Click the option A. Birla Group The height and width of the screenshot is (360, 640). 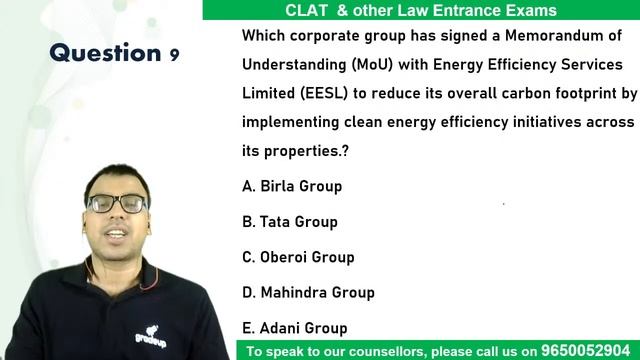[x=292, y=186]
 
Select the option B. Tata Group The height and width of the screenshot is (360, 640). [x=290, y=221]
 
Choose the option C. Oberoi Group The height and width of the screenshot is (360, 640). [x=298, y=257]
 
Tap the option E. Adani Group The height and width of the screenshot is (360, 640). [x=295, y=327]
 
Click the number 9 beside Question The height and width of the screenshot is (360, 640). [x=174, y=55]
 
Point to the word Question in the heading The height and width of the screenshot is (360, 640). [x=105, y=53]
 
